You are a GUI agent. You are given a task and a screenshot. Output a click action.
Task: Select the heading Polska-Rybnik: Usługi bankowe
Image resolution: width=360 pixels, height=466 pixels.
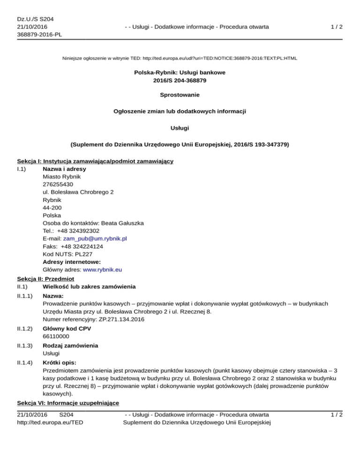click(180, 73)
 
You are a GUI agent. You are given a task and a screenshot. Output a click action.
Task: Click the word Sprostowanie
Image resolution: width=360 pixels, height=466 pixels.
click(180, 95)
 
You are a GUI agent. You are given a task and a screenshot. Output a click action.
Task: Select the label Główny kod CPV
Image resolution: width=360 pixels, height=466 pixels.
click(67, 329)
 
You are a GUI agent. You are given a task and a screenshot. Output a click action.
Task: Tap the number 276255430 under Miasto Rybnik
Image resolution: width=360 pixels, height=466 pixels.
click(57, 184)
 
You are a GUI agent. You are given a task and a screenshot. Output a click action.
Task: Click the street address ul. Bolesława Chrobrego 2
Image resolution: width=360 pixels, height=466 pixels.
click(77, 192)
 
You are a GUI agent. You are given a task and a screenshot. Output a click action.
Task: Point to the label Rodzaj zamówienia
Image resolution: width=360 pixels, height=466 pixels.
click(71, 346)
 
